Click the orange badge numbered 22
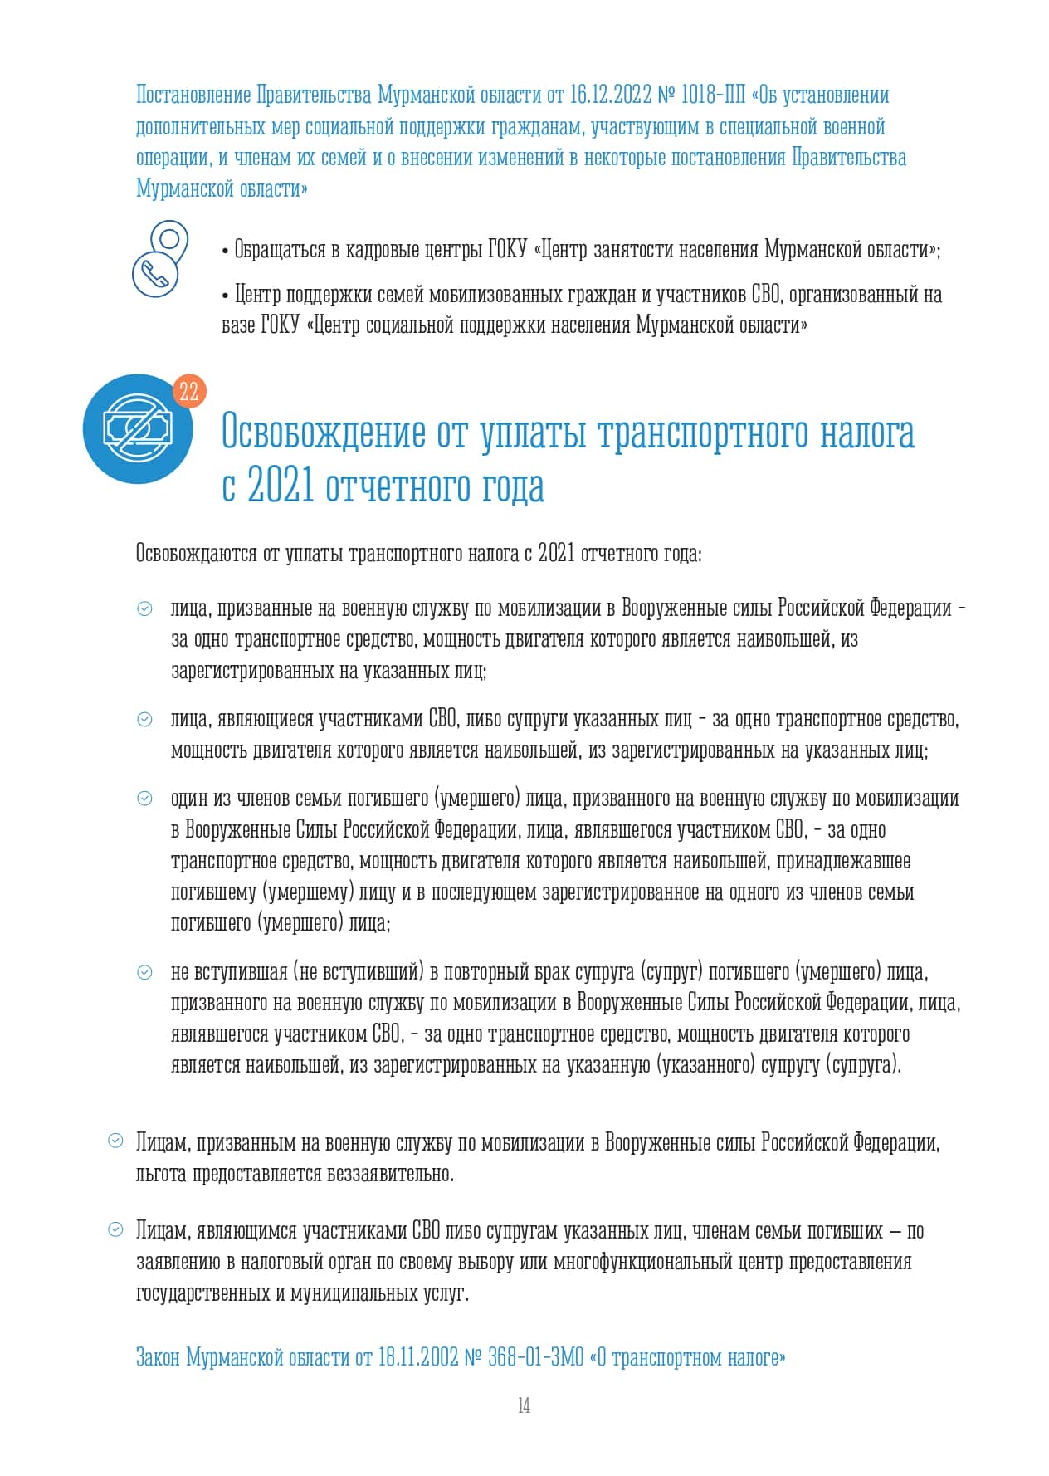[x=189, y=391]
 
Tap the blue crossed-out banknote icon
[x=137, y=428]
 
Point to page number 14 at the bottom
[x=524, y=1405]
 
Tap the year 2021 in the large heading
[x=281, y=486]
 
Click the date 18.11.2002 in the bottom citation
[x=418, y=1357]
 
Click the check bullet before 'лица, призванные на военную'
[x=144, y=608]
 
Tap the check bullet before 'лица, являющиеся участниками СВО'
[x=144, y=720]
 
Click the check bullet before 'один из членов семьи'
[x=144, y=799]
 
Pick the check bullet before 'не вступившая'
[x=144, y=972]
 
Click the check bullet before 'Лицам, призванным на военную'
[x=116, y=1141]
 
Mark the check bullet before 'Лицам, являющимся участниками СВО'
[x=116, y=1229]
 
